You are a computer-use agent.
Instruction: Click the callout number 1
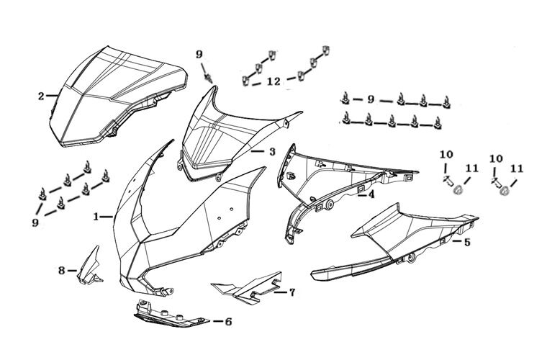96,216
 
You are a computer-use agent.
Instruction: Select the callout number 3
272,152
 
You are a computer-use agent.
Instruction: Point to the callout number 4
371,194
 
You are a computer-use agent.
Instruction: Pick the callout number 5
467,243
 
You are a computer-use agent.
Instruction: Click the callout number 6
227,321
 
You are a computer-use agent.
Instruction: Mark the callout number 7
291,292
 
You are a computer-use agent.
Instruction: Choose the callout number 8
62,270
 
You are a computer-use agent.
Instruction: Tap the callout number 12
273,82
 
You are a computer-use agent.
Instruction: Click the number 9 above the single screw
199,54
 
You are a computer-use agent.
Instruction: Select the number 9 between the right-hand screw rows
371,99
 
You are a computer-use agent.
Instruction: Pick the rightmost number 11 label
516,168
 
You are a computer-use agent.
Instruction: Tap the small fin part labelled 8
90,266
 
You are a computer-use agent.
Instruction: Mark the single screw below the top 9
209,75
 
